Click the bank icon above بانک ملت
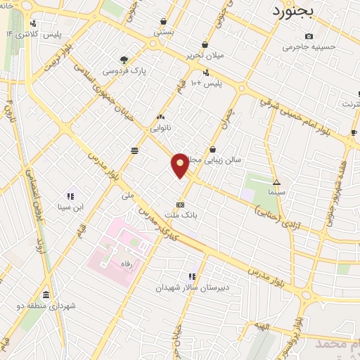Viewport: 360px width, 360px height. point(181,205)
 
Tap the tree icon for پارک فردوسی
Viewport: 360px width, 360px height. point(124,60)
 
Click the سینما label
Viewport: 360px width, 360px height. point(276,191)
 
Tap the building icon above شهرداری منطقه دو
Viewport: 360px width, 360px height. point(46,295)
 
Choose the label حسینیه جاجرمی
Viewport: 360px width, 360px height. point(309,48)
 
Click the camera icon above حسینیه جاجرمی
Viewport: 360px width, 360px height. point(310,36)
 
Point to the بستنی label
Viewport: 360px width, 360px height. point(164,32)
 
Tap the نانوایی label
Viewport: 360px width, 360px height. point(161,129)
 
